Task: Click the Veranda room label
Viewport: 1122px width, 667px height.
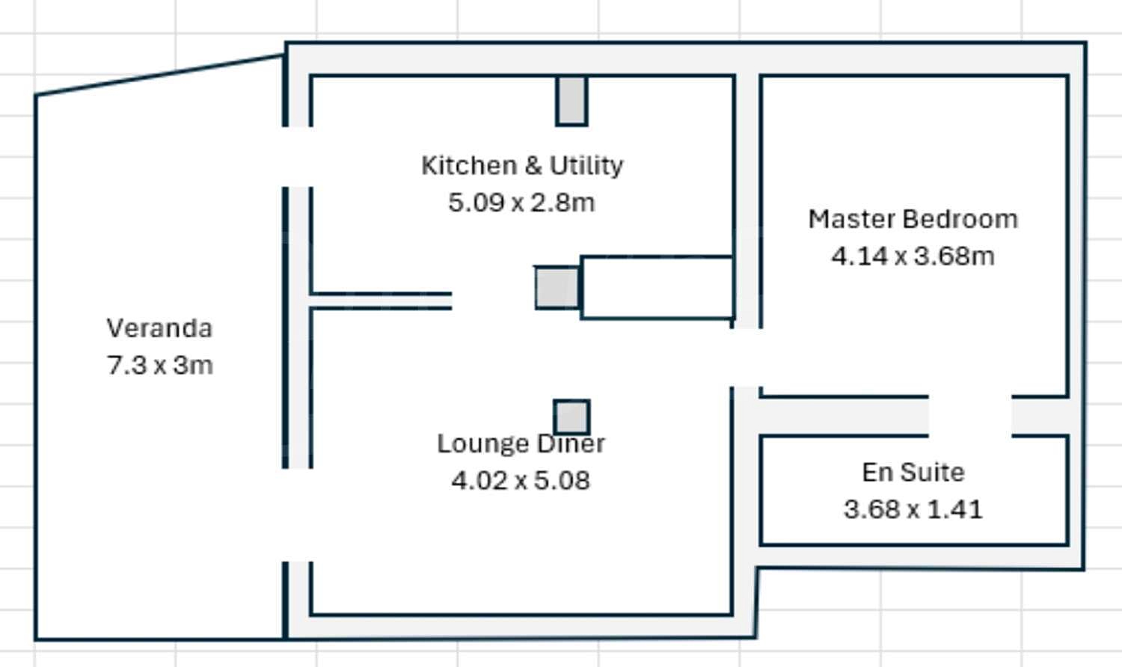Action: click(x=160, y=328)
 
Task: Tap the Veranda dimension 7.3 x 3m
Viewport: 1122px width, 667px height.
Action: click(x=160, y=365)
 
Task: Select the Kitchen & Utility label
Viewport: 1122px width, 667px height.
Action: click(x=522, y=166)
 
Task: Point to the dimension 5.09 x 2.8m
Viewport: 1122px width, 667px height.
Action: click(x=521, y=203)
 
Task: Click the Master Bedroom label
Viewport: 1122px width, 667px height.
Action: click(x=913, y=219)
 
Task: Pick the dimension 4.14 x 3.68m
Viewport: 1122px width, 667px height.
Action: click(x=913, y=256)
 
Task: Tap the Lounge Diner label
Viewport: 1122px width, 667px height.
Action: click(x=521, y=443)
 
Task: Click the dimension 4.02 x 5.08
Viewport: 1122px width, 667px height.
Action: click(x=521, y=481)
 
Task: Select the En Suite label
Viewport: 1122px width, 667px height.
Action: click(x=913, y=472)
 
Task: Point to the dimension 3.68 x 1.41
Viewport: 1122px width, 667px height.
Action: click(x=913, y=510)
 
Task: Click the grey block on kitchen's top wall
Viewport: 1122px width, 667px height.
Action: click(x=571, y=100)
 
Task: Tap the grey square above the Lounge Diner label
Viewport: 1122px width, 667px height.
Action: click(x=571, y=417)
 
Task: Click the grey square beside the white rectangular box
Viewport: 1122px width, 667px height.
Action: click(x=557, y=287)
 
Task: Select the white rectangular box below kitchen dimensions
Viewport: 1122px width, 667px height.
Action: click(x=657, y=287)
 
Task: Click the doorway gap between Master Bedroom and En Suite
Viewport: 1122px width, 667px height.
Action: click(x=970, y=416)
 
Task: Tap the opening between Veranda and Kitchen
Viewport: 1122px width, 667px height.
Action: click(x=298, y=157)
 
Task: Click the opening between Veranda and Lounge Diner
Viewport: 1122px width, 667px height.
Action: click(x=298, y=515)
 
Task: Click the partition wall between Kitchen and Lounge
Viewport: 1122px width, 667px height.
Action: click(x=381, y=301)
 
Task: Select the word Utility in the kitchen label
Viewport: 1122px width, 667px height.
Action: click(x=586, y=166)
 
